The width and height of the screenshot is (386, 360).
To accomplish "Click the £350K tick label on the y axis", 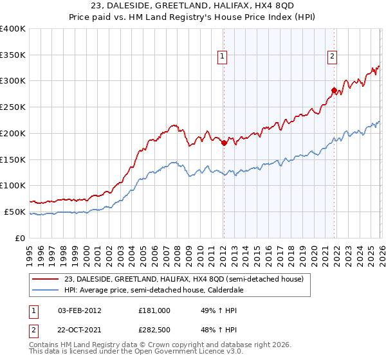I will [x=13, y=55].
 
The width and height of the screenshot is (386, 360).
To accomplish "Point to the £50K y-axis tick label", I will [x=15, y=212].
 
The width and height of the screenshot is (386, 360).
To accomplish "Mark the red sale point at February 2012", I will [x=224, y=143].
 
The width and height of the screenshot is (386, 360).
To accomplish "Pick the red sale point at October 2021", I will [x=334, y=90].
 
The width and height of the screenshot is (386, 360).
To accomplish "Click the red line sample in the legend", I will [x=46, y=278].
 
